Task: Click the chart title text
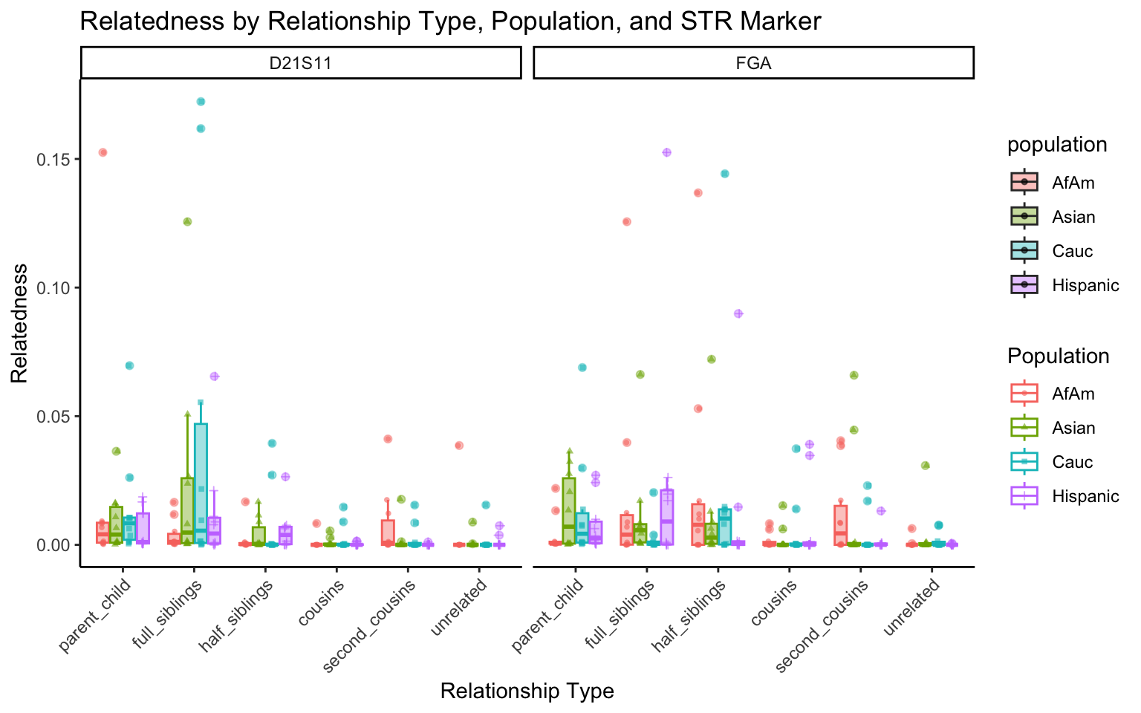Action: (x=450, y=21)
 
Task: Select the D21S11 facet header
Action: (x=300, y=63)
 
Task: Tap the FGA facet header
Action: (x=753, y=63)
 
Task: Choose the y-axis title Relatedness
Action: (x=19, y=323)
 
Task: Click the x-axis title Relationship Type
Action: (x=527, y=691)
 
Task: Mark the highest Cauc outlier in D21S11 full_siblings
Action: (x=201, y=102)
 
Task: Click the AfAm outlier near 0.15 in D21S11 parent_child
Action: (x=103, y=152)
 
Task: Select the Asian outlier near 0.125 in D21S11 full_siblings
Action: (x=187, y=221)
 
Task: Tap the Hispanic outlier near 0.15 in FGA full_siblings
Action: (x=666, y=152)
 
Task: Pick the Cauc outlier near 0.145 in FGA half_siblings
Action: (x=725, y=174)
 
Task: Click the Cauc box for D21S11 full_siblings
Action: (x=201, y=483)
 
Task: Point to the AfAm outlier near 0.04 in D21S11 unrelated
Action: (x=459, y=446)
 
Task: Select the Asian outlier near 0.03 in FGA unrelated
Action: (x=925, y=466)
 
